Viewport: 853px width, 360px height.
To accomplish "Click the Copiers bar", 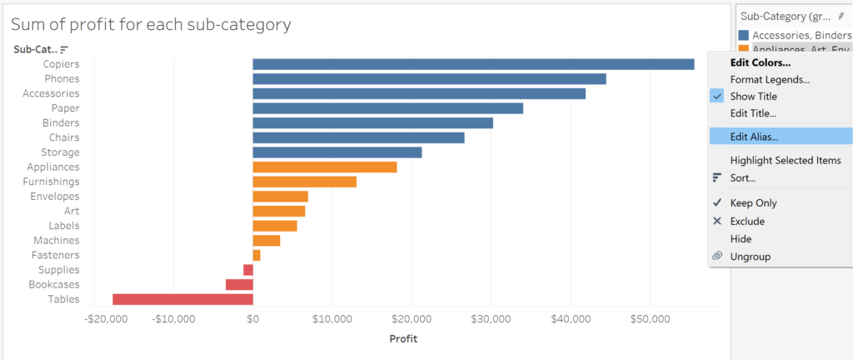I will click(473, 64).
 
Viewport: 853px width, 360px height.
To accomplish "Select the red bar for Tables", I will click(182, 299).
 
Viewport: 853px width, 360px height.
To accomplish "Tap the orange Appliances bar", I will click(325, 167).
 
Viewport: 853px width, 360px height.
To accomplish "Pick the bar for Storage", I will click(337, 152).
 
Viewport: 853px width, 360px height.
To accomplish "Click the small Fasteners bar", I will click(257, 255).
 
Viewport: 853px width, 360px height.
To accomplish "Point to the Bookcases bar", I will click(239, 284).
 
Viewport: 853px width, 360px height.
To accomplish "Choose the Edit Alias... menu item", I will click(754, 136).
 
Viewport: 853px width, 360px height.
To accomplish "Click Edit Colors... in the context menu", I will click(760, 62).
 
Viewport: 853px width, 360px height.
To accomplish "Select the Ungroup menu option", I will click(750, 257).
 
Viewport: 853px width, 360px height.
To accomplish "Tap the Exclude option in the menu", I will click(747, 221).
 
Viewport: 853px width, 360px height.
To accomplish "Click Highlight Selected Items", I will click(785, 160).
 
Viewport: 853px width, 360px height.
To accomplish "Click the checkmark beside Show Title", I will click(716, 96).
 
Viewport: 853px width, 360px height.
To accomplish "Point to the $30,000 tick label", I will click(491, 318).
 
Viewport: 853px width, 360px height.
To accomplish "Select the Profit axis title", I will click(403, 338).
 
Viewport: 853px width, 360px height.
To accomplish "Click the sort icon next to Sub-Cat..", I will click(64, 49).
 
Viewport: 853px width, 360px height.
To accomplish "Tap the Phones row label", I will click(62, 78).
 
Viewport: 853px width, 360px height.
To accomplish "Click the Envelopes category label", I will click(56, 196).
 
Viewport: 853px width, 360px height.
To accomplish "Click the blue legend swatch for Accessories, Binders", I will click(743, 35).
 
